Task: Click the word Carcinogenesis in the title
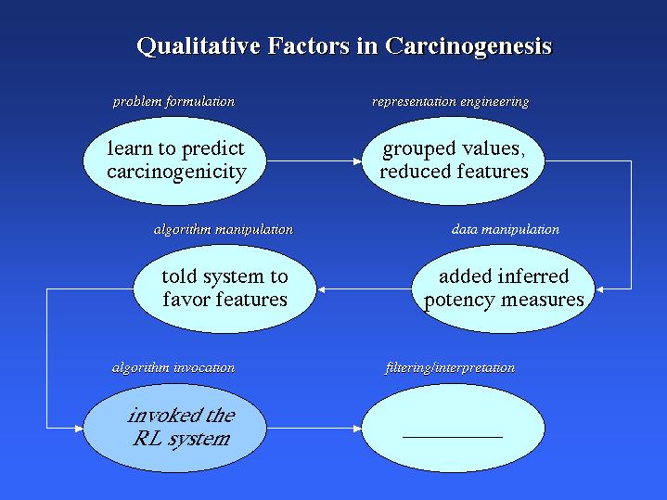468,46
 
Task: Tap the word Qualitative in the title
199,46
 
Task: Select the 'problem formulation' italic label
173,102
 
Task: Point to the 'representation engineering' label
451,102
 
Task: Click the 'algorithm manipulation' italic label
224,230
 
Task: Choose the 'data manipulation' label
506,230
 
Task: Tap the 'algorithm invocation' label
173,367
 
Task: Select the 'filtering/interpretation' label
450,368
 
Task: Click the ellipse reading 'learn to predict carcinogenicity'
174,160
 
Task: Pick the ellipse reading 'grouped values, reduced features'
453,160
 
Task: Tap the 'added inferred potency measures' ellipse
503,288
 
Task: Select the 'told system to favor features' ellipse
225,288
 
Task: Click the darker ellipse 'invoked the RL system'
174,428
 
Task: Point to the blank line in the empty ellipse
453,437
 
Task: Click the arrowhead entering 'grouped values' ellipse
357,161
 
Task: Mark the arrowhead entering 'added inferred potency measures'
600,289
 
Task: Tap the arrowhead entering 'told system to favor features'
322,289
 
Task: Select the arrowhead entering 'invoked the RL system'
79,428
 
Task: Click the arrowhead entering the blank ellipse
357,428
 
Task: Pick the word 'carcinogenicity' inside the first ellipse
176,173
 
